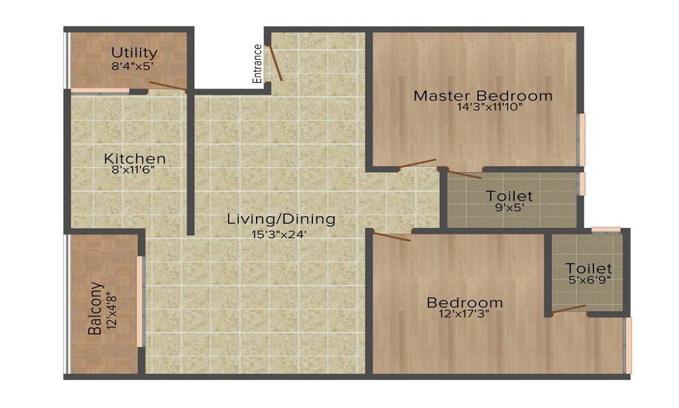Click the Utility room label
pos(134,52)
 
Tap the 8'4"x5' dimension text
pos(134,67)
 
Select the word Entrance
pos(257,63)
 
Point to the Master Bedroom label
pos(483,95)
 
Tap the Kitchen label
pos(134,158)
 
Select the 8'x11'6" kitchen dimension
pos(134,171)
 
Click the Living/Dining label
pos(281,219)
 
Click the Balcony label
pos(94,309)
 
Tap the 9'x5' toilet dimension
pos(509,209)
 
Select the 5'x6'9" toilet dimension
pos(589,281)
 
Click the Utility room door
pos(168,86)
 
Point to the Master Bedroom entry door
pos(417,163)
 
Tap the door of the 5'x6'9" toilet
pos(569,309)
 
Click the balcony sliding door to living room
pos(141,301)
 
